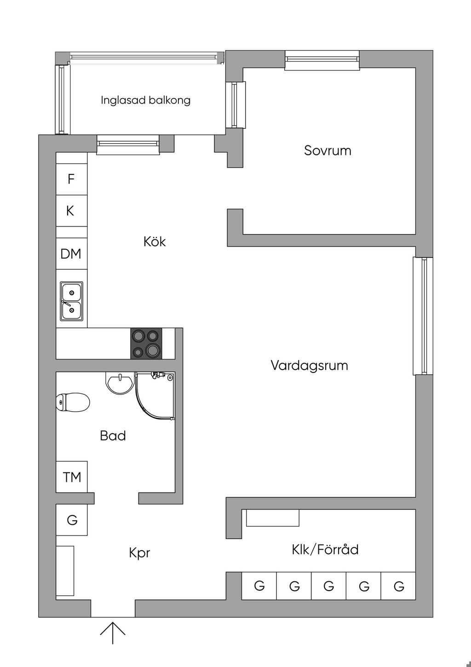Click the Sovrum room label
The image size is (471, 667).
[x=327, y=151]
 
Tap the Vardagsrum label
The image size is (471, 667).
[x=309, y=365]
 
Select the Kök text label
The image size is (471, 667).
[x=155, y=241]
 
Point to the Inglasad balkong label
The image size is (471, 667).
[x=145, y=100]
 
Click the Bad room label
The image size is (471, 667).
[x=113, y=435]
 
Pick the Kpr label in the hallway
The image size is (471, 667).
[x=139, y=553]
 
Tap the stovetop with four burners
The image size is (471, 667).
[x=146, y=343]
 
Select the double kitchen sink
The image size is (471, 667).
[x=72, y=302]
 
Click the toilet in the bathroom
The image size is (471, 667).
[x=73, y=402]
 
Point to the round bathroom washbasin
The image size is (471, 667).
[x=119, y=383]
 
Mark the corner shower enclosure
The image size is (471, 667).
[x=155, y=396]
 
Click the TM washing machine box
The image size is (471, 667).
[x=72, y=477]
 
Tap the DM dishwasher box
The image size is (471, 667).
[x=72, y=254]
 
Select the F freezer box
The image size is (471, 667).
[x=72, y=179]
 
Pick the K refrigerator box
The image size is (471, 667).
[x=72, y=211]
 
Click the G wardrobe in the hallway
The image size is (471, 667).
[x=72, y=520]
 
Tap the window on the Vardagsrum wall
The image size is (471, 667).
[x=423, y=316]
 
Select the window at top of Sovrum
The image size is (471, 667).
[x=322, y=60]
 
